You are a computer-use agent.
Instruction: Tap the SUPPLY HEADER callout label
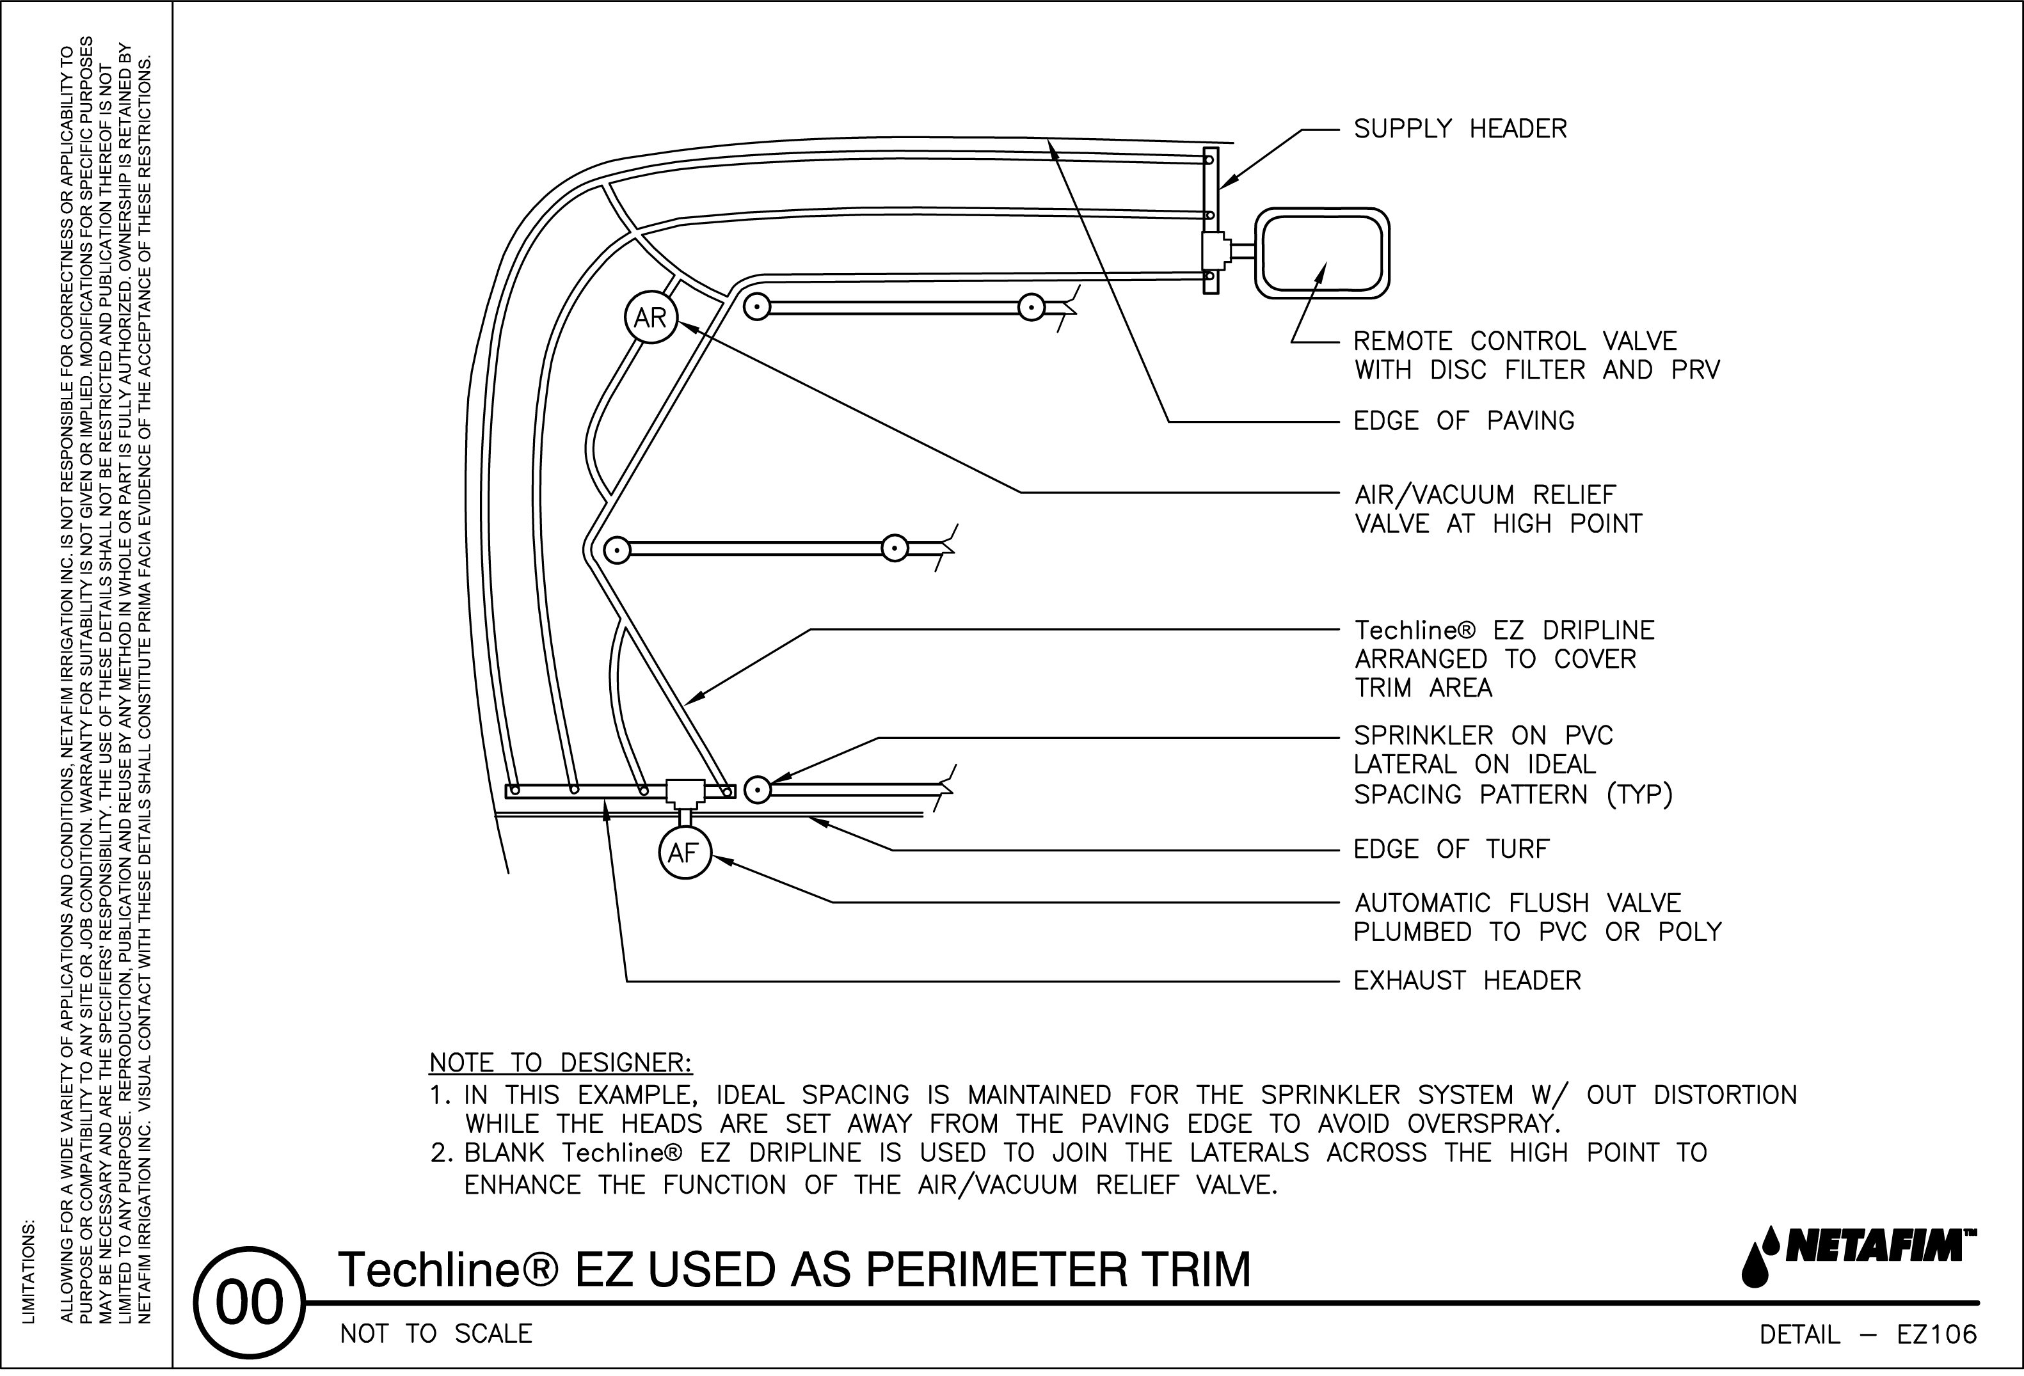[x=1460, y=129]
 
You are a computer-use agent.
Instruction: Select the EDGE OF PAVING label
[x=1464, y=421]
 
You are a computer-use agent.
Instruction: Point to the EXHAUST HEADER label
[x=1467, y=981]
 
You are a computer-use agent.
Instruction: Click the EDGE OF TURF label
[x=1451, y=849]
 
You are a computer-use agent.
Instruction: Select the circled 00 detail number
[x=249, y=1303]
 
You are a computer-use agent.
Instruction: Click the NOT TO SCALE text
[x=436, y=1334]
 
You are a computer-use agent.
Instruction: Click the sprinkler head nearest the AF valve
[x=758, y=790]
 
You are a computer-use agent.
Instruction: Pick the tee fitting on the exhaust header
[x=685, y=792]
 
